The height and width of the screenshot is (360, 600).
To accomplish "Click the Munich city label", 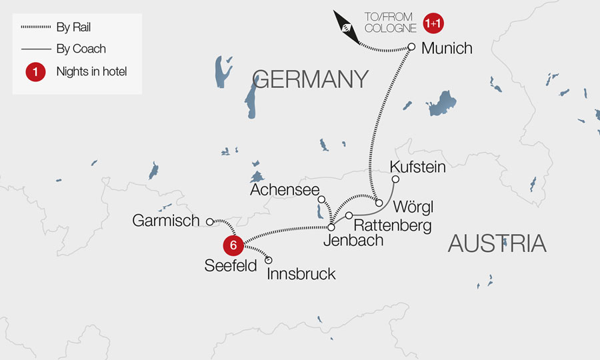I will coord(447,48).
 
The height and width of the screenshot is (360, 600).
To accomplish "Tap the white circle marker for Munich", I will coord(411,47).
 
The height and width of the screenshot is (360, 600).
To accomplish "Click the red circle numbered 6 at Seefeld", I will coord(233,245).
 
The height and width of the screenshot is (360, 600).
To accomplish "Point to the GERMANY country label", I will coord(311,79).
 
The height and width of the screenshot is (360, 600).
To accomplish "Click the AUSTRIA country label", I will coord(497,243).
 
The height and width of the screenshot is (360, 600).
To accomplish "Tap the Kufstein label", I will coord(417,167).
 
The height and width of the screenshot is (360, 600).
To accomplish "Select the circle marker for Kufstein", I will coord(395,179).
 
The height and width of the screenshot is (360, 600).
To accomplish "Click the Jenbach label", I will coord(353,241).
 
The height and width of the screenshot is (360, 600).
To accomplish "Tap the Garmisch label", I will coord(166,221).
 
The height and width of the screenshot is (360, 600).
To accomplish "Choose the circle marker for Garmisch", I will coord(209,221).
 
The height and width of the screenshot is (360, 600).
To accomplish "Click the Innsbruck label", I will coord(301,274).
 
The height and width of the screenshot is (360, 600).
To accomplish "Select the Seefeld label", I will coord(231,266).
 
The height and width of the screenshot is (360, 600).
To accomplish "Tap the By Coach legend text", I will coord(81,49).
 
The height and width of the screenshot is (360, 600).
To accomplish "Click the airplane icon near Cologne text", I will coord(347,29).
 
